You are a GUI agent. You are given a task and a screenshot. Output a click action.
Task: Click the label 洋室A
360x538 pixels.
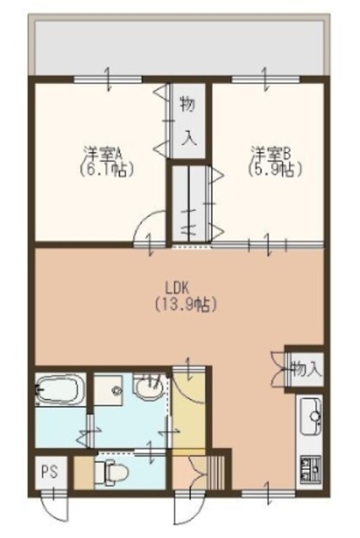[103, 153]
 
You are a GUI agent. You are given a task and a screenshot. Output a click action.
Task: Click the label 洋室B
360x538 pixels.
[270, 153]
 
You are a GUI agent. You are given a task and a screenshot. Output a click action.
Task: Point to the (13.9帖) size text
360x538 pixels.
[179, 304]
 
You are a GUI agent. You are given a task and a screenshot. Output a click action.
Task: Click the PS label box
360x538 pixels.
[47, 472]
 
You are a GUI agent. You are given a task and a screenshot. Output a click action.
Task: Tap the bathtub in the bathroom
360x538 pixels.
[59, 393]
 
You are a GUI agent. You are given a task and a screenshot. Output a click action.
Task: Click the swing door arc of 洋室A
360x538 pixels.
[151, 229]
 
